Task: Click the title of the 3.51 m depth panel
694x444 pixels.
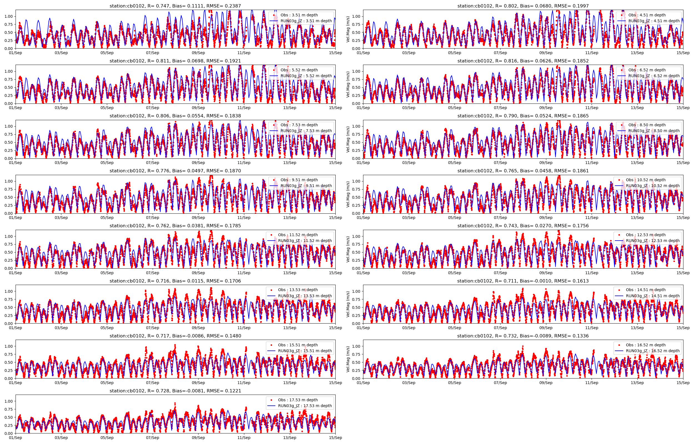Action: [x=175, y=6]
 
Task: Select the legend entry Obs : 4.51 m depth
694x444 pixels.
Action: [x=647, y=15]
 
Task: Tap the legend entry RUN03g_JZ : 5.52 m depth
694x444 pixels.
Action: [x=306, y=76]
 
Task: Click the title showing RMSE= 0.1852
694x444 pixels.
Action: [x=523, y=61]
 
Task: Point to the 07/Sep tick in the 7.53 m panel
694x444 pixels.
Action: [x=152, y=163]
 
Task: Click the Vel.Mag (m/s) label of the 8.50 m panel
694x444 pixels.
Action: [x=348, y=139]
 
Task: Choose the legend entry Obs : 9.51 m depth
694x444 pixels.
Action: [x=299, y=180]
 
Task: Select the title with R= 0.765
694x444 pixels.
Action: [x=523, y=171]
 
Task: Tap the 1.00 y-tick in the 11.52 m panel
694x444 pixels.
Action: [x=9, y=236]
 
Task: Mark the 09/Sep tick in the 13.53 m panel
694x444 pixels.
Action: [x=198, y=328]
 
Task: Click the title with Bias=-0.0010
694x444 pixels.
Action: [x=523, y=281]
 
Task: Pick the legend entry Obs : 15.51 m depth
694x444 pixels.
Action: [x=298, y=345]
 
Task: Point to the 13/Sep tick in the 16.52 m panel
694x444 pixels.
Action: [x=637, y=383]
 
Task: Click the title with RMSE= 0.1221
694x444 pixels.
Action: [x=175, y=391]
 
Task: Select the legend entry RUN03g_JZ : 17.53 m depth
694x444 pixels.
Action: [x=305, y=406]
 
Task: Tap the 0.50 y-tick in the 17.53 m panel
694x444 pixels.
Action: [x=9, y=417]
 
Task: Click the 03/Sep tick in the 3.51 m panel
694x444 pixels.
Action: [x=61, y=53]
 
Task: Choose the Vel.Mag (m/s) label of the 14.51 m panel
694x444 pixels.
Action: [x=348, y=304]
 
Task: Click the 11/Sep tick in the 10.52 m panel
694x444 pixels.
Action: [x=592, y=218]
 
